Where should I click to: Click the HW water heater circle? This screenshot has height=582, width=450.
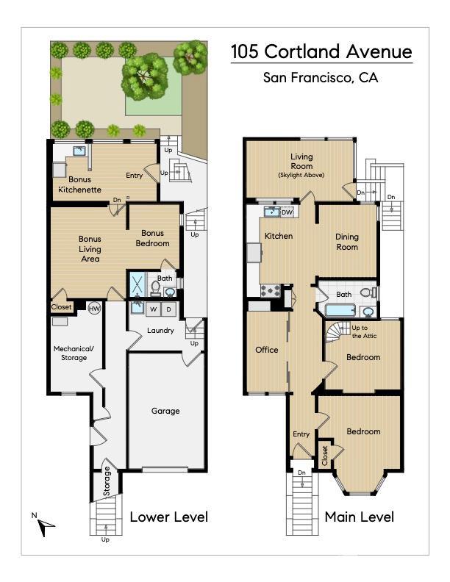94,308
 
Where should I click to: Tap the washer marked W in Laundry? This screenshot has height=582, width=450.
154,309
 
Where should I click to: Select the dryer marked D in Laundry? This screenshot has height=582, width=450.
168,309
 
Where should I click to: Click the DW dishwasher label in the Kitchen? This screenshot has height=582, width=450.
287,212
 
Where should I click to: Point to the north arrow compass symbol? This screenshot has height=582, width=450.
45,526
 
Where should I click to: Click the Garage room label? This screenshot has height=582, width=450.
165,411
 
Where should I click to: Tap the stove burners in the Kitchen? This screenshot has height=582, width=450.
270,290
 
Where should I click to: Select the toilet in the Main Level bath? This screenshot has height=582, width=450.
368,292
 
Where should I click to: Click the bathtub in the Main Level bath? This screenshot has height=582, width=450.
340,310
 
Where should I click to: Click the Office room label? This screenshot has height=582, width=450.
267,350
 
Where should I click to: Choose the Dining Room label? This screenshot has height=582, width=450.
347,242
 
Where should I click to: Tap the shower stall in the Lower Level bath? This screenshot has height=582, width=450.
137,284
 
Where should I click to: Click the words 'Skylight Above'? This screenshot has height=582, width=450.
301,175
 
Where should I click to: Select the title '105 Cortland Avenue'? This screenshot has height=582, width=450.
321,51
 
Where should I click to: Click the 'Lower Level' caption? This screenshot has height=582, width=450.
169,517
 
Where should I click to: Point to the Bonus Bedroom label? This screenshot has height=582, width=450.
153,238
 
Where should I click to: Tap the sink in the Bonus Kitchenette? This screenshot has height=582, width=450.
79,151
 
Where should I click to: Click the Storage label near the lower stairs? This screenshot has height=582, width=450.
107,481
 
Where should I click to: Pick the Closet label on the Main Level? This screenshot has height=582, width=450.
325,456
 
